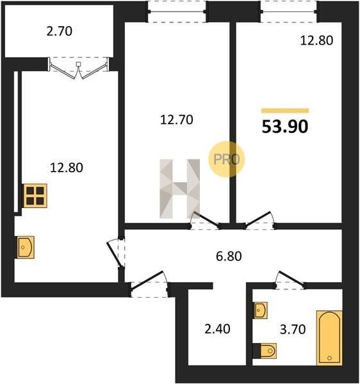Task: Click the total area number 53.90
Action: pyautogui.click(x=285, y=127)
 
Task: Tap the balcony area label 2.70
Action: pyautogui.click(x=60, y=31)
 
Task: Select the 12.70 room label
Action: pyautogui.click(x=176, y=120)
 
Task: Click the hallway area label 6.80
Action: pyautogui.click(x=229, y=256)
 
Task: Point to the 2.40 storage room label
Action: pyautogui.click(x=217, y=329)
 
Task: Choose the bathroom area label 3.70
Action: pyautogui.click(x=293, y=330)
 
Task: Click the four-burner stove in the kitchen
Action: pyautogui.click(x=35, y=196)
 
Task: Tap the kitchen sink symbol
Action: pyautogui.click(x=25, y=247)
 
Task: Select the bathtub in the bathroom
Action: pyautogui.click(x=329, y=338)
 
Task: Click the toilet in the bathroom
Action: pyautogui.click(x=265, y=351)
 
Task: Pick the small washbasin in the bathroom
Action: pyautogui.click(x=260, y=310)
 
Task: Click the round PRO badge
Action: pyautogui.click(x=226, y=159)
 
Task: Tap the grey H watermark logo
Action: pyautogui.click(x=179, y=189)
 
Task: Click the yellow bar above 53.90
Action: pyautogui.click(x=285, y=111)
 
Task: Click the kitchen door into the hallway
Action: pyautogui.click(x=115, y=254)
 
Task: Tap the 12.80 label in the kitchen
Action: pyautogui.click(x=67, y=168)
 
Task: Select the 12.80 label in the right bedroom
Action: pyautogui.click(x=316, y=40)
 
